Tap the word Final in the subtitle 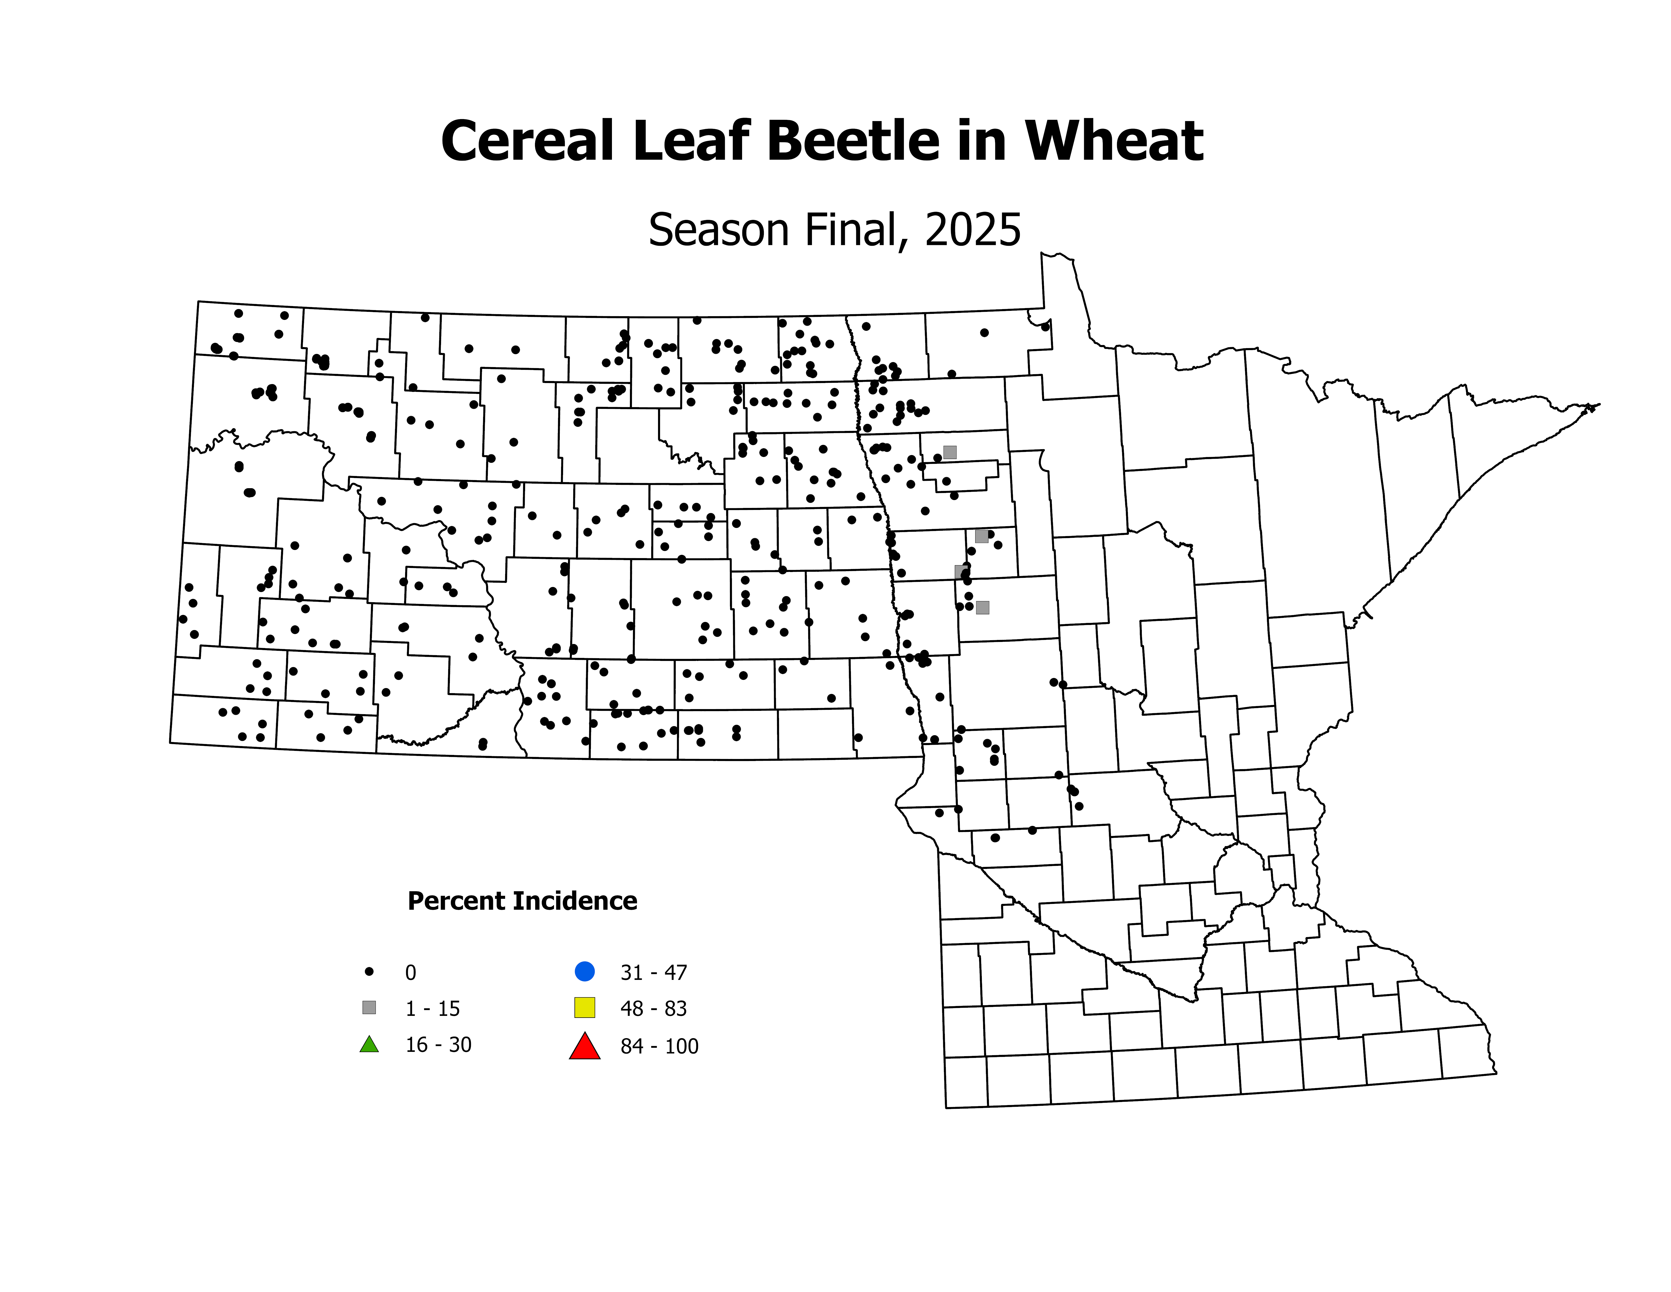857,230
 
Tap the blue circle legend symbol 585,971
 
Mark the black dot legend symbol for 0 369,971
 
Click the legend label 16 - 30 438,1045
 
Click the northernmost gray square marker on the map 949,452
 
